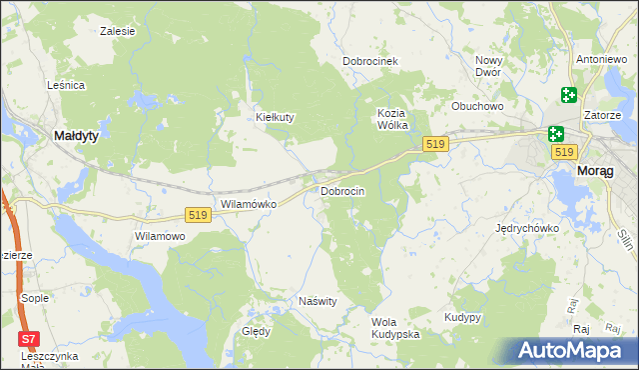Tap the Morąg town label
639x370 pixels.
[602, 171]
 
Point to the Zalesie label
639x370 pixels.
[118, 31]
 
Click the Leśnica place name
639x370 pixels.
[65, 85]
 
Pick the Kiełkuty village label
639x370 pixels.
[275, 117]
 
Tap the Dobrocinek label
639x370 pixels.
[370, 61]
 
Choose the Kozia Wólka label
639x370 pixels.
[395, 119]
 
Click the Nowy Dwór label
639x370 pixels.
[488, 66]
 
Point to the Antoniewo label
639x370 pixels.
[601, 57]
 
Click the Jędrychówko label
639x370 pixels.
[527, 228]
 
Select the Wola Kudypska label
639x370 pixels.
[394, 328]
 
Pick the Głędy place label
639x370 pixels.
[256, 331]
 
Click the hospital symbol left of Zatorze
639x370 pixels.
[568, 96]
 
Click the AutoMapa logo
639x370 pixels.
[572, 350]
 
